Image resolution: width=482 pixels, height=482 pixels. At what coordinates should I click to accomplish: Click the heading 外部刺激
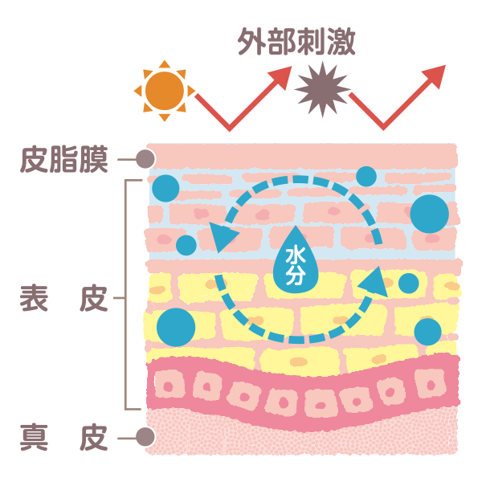[x=296, y=42]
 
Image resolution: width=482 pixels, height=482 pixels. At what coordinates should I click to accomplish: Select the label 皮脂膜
[x=63, y=159]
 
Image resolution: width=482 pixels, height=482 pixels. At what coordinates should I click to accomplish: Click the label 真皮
[x=63, y=438]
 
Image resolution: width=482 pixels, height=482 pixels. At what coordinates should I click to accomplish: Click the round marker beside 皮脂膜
[x=145, y=159]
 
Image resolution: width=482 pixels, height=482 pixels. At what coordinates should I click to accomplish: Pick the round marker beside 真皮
[x=145, y=438]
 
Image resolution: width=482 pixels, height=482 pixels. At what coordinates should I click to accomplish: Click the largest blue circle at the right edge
[x=429, y=214]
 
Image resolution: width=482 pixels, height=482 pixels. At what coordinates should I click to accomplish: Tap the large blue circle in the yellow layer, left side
[x=176, y=327]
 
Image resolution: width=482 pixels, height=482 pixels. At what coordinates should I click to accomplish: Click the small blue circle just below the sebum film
[x=366, y=176]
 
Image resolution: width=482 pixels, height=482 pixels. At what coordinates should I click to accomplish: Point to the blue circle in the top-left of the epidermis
[x=166, y=188]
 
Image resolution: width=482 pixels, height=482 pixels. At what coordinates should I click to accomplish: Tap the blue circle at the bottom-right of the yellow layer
[x=427, y=331]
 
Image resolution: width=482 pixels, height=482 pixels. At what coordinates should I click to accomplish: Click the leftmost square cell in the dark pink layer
[x=170, y=386]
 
